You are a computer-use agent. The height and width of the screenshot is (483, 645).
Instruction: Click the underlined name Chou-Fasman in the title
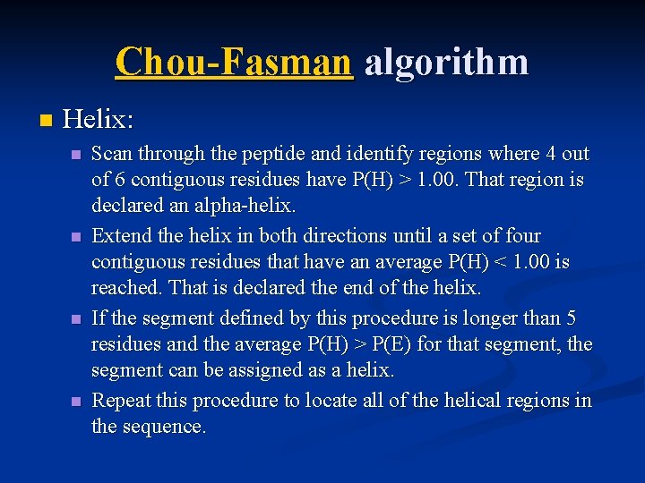234,63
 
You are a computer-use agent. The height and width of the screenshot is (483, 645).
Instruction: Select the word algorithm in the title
446,63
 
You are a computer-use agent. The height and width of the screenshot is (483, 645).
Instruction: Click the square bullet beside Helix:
46,119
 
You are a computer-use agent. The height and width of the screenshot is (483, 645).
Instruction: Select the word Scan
110,154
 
